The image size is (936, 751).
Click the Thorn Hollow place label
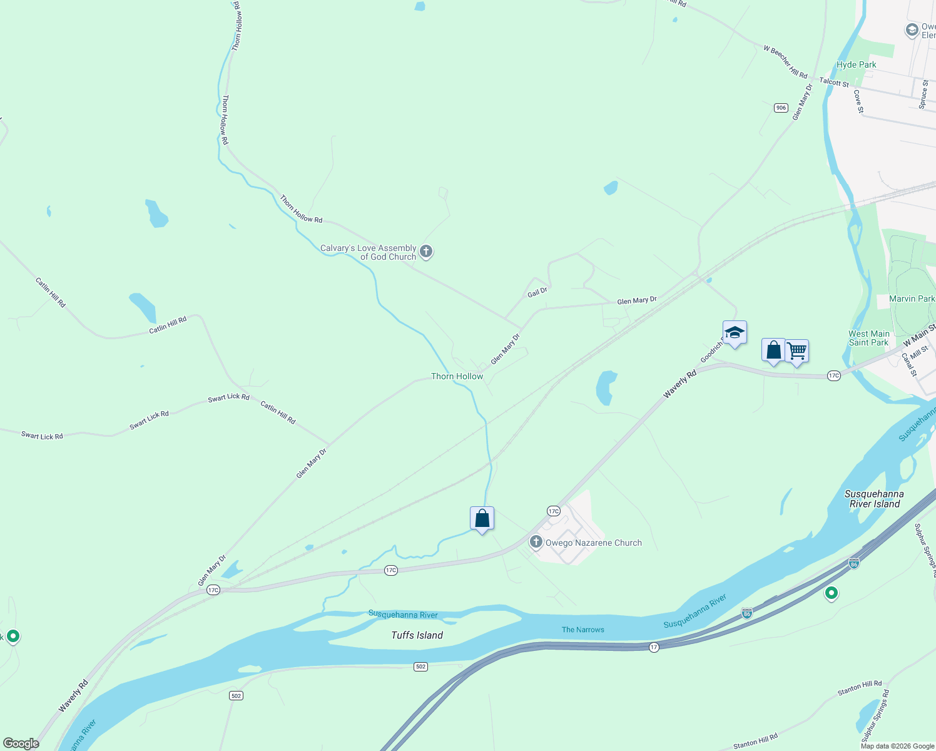(457, 376)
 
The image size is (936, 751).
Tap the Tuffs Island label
(417, 635)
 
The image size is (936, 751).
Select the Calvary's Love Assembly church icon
(426, 252)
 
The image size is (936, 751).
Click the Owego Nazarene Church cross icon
(536, 542)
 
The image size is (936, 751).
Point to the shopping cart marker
(796, 351)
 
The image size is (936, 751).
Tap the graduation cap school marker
(734, 332)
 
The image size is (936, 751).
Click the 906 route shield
(780, 108)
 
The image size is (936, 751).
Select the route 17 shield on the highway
(654, 647)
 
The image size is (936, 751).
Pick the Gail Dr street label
(537, 292)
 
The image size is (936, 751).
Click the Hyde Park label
(856, 64)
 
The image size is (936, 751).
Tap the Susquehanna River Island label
(874, 499)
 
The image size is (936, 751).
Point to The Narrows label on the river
(582, 630)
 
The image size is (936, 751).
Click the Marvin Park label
(912, 299)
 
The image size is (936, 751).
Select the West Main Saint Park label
(868, 338)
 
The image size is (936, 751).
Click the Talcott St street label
(834, 83)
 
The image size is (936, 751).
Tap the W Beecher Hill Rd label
(785, 61)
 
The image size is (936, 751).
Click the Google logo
(21, 743)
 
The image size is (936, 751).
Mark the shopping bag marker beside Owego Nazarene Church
(482, 519)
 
